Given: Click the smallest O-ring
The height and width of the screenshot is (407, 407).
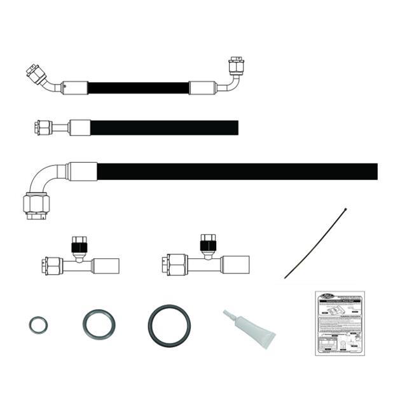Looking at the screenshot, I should click(x=38, y=326).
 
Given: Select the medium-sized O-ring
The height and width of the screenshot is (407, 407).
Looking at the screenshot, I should click(x=99, y=324).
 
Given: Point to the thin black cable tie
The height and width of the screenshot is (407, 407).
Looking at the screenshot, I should click(x=315, y=243).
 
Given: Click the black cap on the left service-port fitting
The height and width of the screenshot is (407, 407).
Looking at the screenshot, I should click(x=78, y=245).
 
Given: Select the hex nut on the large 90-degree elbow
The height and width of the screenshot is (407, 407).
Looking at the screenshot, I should click(x=36, y=205).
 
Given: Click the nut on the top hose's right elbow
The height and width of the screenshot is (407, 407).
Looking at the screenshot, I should click(x=236, y=66).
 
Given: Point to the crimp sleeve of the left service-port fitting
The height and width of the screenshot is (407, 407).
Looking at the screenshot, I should click(x=105, y=266).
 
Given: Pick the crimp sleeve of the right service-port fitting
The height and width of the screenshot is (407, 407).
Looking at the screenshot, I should click(x=235, y=265).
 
